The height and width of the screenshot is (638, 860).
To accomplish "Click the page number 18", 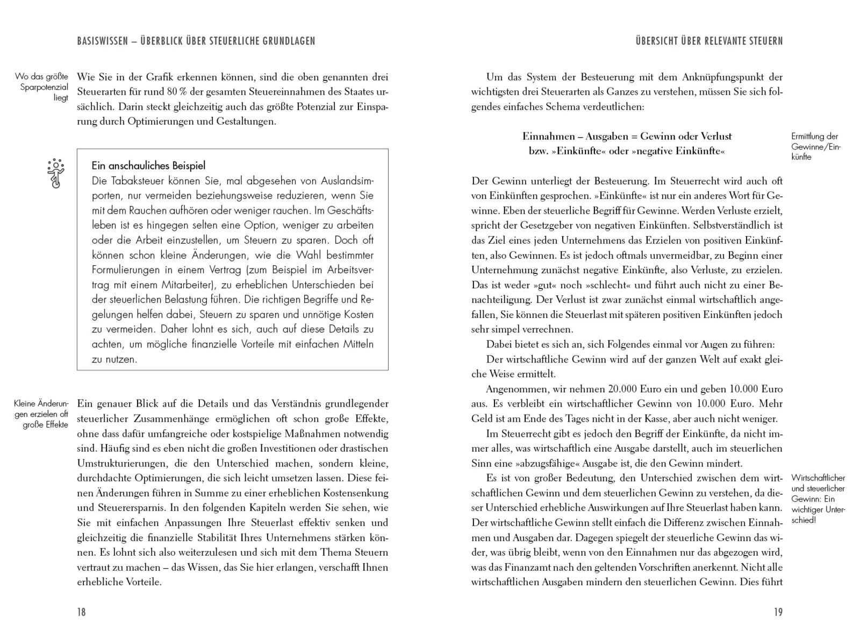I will point(81,612).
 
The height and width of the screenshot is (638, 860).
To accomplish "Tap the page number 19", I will point(778,612).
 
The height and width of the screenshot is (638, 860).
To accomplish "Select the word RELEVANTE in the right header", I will point(727,41).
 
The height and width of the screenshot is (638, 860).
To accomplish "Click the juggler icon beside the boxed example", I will point(55,173).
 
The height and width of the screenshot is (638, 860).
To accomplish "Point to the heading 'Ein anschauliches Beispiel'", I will point(148,166).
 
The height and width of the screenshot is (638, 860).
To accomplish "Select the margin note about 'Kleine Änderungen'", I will point(42,414).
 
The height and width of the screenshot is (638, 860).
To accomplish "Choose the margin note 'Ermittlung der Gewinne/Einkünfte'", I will point(815,146).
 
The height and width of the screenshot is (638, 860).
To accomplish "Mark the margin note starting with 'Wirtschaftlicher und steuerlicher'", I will point(818,499).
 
